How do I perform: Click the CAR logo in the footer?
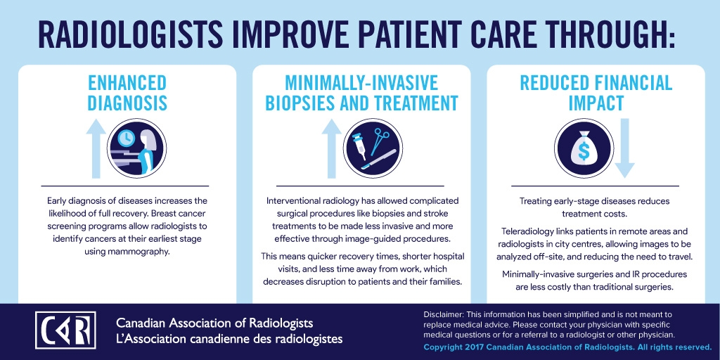pos(65,330)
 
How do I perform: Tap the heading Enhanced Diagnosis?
pos(127,94)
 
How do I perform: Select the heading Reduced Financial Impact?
pos(596,94)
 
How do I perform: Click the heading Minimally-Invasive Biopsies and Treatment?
pos(361,94)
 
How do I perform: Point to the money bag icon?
pos(584,148)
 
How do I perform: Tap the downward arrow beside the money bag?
pos(624,148)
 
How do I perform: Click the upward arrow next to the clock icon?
pos(96,148)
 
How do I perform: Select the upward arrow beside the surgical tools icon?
pos(332,148)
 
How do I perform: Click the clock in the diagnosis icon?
pos(126,137)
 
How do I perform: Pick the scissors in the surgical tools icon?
pos(380,141)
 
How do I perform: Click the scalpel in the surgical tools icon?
pos(378,160)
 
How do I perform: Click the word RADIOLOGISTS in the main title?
pos(124,34)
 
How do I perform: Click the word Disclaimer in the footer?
pos(444,314)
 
